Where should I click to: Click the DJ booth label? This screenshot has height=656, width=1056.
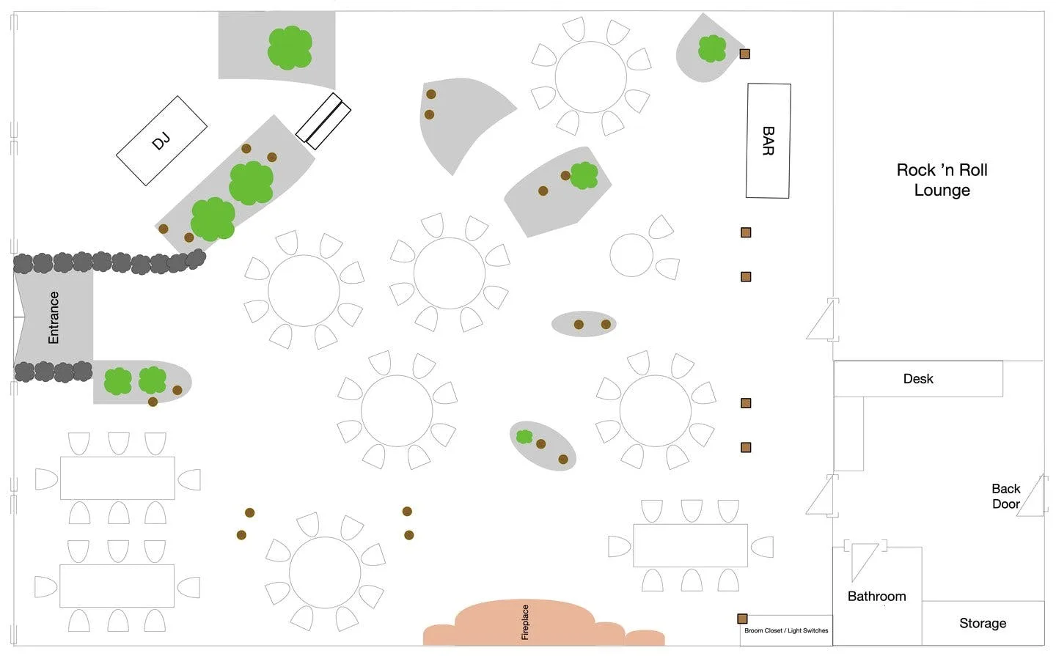coord(161,141)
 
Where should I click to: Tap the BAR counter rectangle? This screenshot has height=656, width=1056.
coord(768,141)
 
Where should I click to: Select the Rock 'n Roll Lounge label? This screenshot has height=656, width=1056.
coord(942,180)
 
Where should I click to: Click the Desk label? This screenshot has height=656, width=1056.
coord(918,378)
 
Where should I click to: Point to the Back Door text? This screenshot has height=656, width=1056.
coord(1006,496)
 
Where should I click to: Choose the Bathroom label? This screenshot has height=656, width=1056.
coord(876,596)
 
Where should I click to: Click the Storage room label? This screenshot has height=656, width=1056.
coord(983,623)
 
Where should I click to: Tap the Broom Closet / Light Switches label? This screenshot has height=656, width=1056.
coord(786,630)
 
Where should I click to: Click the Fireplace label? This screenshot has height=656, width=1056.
coord(525,622)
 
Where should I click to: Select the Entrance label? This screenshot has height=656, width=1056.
coord(54,317)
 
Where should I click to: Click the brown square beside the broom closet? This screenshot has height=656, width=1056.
coord(742,619)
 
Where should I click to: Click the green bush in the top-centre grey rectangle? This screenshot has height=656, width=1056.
coord(290,48)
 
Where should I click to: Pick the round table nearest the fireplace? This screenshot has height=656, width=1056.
coord(325,572)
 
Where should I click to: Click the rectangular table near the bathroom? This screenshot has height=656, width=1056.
coord(690,545)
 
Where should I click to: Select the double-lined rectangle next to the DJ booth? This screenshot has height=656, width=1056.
coord(323,121)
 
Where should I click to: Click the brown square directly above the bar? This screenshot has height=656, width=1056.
coord(744,54)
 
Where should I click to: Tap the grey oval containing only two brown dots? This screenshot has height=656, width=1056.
coord(584,324)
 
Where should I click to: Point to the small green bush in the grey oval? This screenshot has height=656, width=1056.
coord(524,437)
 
